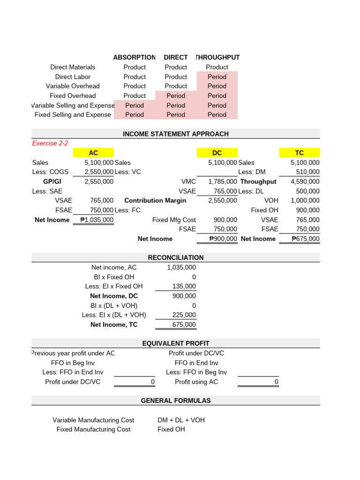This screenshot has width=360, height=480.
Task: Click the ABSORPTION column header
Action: tap(135, 57)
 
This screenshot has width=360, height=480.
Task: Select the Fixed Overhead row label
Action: tap(73, 96)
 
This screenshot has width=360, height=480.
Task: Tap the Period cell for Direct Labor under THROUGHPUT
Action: tap(217, 76)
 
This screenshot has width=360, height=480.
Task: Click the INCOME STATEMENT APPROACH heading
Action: tap(176, 134)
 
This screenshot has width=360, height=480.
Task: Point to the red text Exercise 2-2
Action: tap(50, 143)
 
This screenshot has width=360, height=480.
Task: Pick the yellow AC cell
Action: tap(93, 153)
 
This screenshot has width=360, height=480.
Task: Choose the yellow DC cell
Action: tap(217, 153)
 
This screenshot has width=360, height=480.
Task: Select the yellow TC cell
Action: tap(300, 153)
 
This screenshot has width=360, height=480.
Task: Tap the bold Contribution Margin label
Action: tap(155, 201)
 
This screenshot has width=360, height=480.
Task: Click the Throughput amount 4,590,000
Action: tap(305, 181)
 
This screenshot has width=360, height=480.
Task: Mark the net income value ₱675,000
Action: tap(305, 239)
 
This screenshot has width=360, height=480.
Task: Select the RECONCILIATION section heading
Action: tap(176, 257)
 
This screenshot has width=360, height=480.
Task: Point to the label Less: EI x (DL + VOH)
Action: tap(114, 315)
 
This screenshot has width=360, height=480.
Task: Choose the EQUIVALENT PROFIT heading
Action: tap(176, 344)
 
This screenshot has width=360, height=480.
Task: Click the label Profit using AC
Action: tap(196, 382)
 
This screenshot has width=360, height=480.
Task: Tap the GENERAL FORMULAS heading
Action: tap(176, 401)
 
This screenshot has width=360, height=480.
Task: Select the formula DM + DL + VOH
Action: tap(181, 420)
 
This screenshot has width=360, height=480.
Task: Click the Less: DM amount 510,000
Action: tap(308, 172)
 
